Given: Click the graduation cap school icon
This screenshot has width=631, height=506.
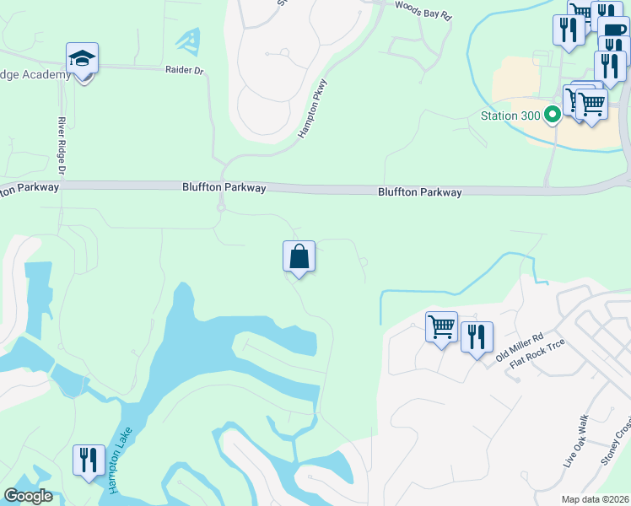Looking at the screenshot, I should (x=82, y=59).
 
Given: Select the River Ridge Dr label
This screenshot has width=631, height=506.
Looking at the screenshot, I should (x=62, y=148).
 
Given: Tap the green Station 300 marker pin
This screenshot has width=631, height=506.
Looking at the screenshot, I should (x=553, y=115).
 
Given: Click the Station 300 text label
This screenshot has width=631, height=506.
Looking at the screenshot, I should (x=510, y=115).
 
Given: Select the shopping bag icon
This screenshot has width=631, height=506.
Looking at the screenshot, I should (x=299, y=256).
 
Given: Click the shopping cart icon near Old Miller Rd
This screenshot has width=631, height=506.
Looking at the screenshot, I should (x=442, y=326).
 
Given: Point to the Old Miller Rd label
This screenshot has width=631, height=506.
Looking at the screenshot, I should (x=518, y=347).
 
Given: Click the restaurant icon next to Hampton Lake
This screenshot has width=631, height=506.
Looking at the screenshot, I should (x=89, y=460).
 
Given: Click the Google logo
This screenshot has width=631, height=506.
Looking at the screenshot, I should (x=28, y=496).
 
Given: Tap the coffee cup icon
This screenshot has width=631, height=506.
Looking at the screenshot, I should (x=614, y=30).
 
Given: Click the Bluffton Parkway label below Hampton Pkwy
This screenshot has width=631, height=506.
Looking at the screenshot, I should (x=224, y=188).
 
